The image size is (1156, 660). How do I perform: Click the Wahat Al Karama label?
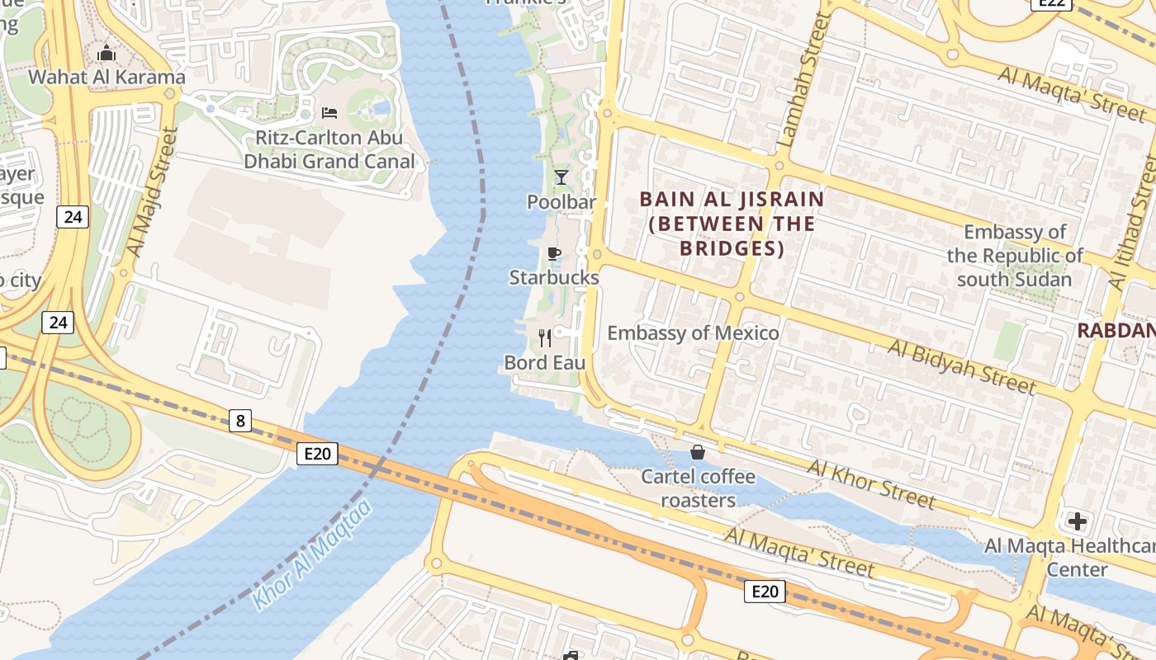point(107,78)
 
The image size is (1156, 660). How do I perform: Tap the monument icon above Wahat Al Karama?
point(107,54)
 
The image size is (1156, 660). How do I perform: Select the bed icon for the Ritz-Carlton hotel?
point(329,113)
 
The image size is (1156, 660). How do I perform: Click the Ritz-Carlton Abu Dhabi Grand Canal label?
point(329,149)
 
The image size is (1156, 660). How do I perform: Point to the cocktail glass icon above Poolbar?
point(561,177)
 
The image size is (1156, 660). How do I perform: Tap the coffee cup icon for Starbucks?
point(553,253)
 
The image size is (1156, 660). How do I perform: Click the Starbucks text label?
point(553,277)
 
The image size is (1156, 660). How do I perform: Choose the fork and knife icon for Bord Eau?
point(545,337)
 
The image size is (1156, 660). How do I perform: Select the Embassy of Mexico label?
point(693,333)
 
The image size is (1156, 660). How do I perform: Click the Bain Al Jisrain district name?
point(732,223)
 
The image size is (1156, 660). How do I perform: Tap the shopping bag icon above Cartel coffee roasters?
point(698,452)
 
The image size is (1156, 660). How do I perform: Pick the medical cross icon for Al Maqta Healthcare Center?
point(1077,521)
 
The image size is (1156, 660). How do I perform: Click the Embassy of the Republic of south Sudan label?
point(1015,256)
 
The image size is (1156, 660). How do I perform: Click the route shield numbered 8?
point(239,421)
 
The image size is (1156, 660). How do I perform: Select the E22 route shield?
point(1052,3)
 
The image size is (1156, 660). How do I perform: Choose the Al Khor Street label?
point(871,484)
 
